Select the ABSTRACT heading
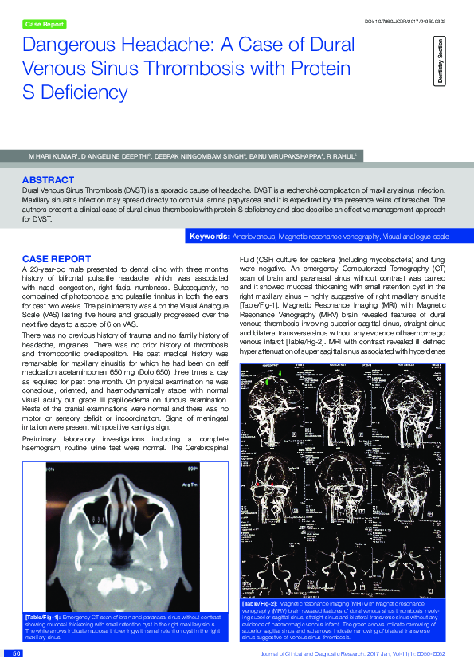point(48,180)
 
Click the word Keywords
point(210,237)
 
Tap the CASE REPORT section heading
point(56,259)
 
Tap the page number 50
point(15,654)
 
